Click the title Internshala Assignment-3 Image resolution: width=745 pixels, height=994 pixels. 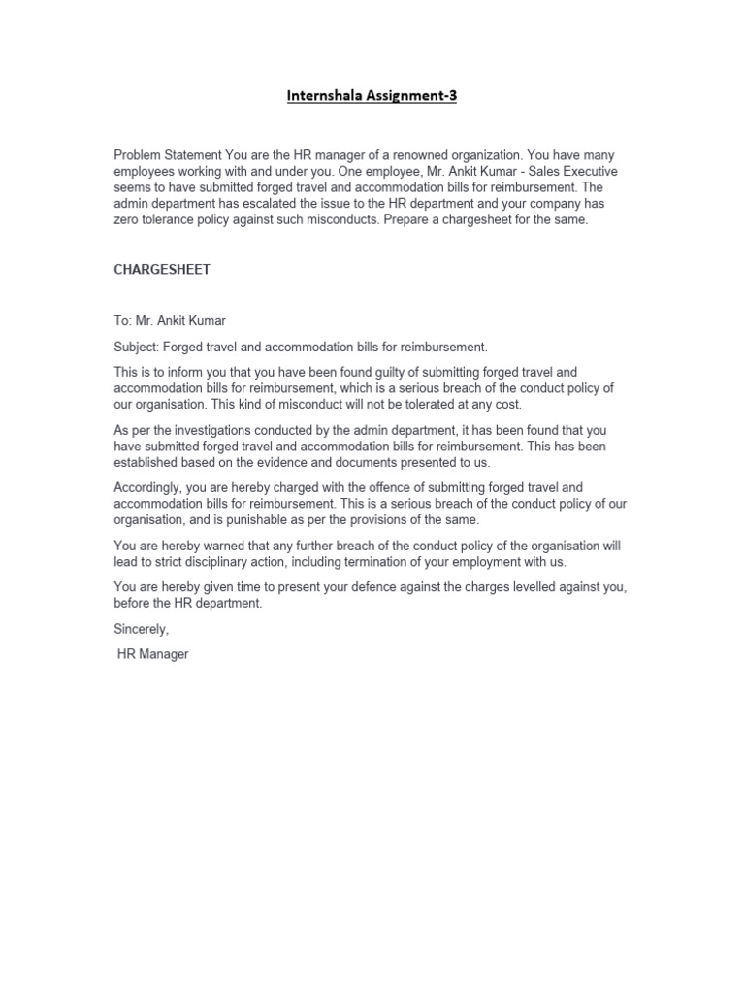[x=372, y=96]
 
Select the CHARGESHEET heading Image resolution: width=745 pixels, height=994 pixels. [x=162, y=270]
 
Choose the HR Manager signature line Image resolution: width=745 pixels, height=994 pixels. [x=152, y=654]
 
